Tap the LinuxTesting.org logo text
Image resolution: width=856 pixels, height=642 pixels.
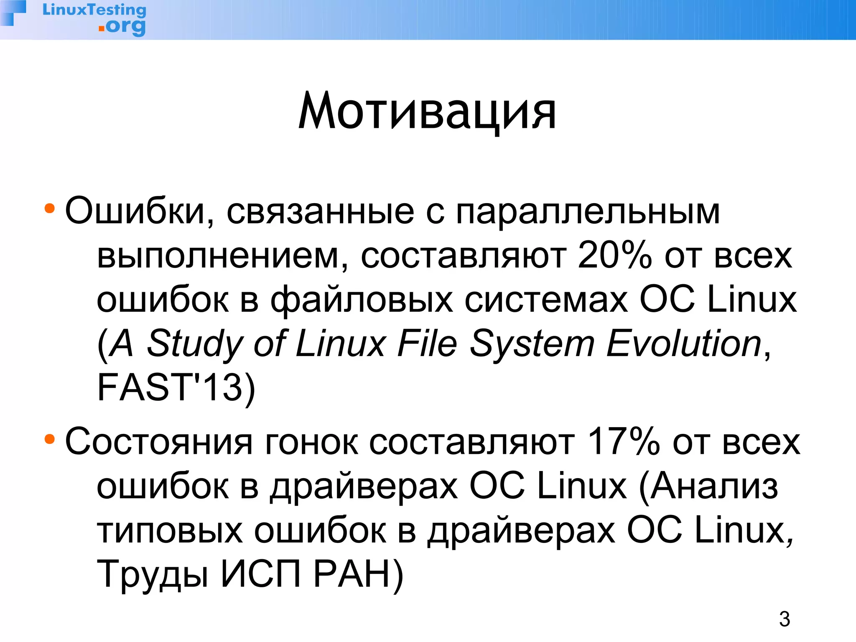tap(95, 18)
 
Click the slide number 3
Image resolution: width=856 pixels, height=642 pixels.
tap(784, 619)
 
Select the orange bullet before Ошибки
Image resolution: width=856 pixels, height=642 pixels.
tap(50, 208)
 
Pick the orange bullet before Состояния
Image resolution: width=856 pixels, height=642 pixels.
tap(50, 439)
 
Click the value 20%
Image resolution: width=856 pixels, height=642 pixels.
tap(614, 255)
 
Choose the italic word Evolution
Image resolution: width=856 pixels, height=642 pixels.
tap(684, 344)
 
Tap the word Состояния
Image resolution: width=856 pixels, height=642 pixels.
tap(159, 442)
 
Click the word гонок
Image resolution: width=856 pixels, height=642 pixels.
tap(311, 442)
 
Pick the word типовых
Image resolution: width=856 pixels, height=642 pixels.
tap(170, 531)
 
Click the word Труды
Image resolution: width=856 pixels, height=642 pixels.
tap(153, 575)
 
